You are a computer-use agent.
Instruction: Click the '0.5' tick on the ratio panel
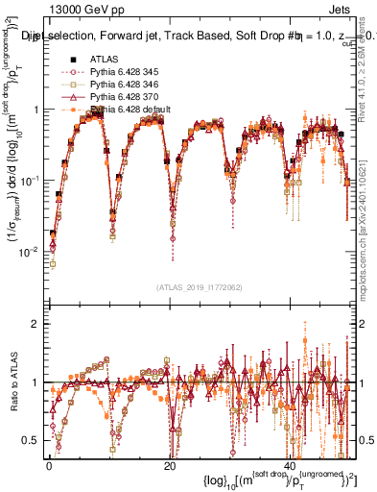[29, 440]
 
